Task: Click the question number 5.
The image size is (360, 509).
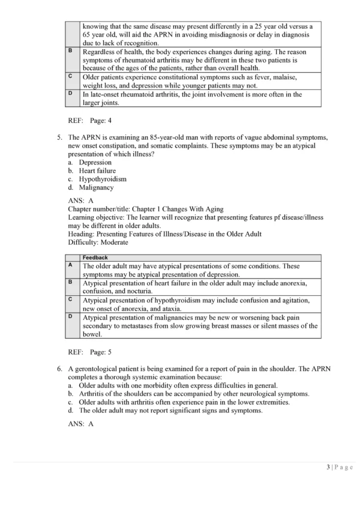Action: click(x=60, y=137)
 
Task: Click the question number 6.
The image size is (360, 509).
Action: click(x=60, y=369)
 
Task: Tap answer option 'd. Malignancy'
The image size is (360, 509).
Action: click(x=92, y=187)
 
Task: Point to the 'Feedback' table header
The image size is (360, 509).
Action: click(x=95, y=258)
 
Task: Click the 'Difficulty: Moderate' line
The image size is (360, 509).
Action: click(x=98, y=242)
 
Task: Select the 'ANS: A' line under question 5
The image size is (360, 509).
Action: click(x=81, y=200)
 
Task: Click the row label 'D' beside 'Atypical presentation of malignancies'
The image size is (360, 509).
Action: click(x=71, y=316)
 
